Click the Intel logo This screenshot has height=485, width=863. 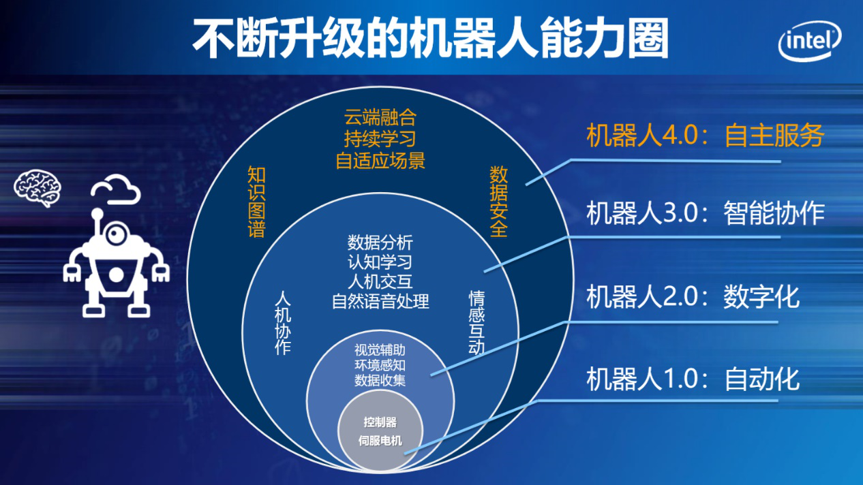(809, 41)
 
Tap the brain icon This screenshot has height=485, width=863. (37, 188)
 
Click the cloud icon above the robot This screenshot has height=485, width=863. (116, 189)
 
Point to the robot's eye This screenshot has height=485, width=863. (115, 233)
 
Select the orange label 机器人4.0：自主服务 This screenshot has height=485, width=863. (705, 136)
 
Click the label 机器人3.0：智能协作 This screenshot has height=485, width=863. (705, 213)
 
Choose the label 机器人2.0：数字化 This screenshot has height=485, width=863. (693, 297)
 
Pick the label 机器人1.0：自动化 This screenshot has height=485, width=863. (693, 379)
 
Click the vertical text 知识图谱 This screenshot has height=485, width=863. (256, 202)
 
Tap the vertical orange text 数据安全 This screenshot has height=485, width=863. (498, 202)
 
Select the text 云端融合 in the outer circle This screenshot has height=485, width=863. (380, 117)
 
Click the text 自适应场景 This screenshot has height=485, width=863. (380, 161)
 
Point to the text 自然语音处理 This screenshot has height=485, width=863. (380, 301)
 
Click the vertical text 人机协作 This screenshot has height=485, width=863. (283, 323)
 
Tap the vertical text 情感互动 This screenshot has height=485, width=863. (476, 323)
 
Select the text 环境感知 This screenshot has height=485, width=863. (380, 365)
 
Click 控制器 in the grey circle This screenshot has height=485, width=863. (380, 422)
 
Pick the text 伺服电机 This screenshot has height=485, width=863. (380, 441)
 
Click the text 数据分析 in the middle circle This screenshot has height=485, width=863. (380, 243)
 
